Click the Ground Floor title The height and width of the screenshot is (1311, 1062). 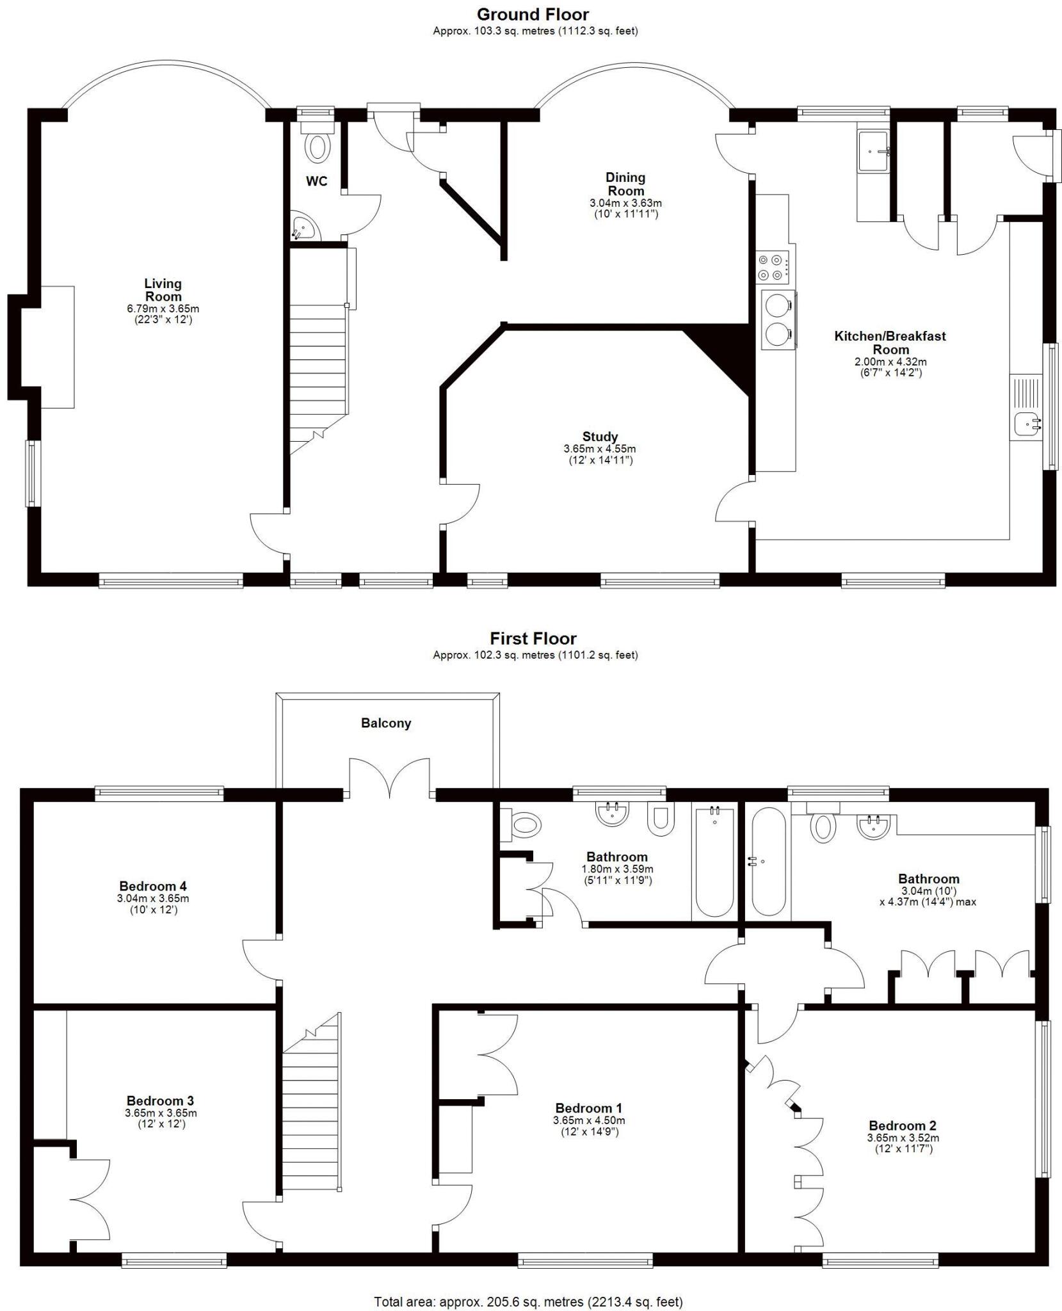click(533, 14)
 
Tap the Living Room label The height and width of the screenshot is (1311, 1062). click(163, 289)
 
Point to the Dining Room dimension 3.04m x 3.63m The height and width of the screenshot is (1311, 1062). click(625, 203)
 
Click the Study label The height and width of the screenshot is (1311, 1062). click(600, 437)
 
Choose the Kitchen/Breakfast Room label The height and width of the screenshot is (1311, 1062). click(890, 342)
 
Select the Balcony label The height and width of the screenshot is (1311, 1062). click(386, 723)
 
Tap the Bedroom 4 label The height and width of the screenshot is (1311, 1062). click(153, 886)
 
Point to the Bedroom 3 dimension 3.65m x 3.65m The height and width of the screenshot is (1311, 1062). click(161, 1113)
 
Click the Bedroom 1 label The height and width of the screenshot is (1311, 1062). click(588, 1107)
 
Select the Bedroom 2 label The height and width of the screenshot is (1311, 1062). click(902, 1125)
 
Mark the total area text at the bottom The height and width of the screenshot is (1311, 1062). click(528, 1301)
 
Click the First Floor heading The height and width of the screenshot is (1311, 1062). click(533, 638)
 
